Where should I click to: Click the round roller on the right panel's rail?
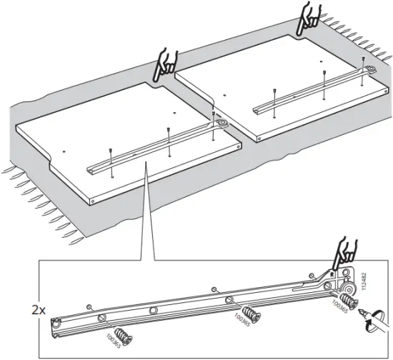369,69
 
